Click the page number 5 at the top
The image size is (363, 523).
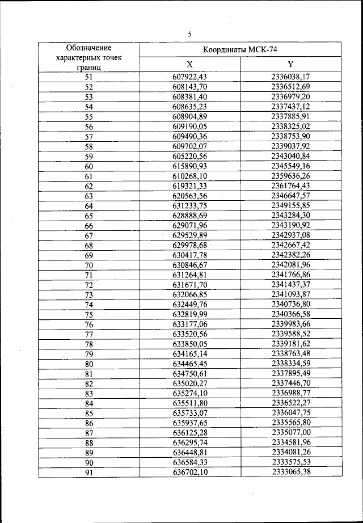click(189, 33)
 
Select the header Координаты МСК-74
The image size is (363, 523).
click(240, 49)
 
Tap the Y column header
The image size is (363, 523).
click(291, 64)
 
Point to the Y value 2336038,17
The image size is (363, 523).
click(291, 77)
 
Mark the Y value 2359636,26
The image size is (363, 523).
click(291, 176)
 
